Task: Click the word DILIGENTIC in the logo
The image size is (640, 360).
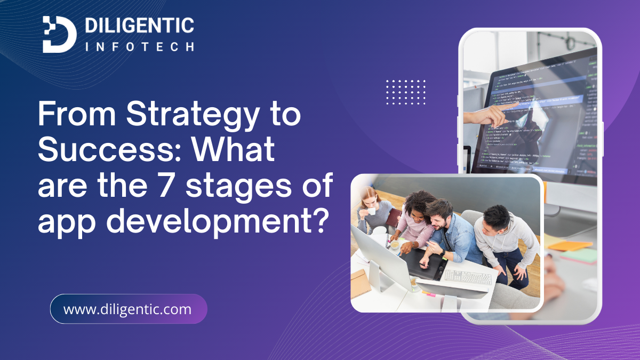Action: pyautogui.click(x=140, y=25)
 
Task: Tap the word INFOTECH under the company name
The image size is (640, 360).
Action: pyautogui.click(x=139, y=47)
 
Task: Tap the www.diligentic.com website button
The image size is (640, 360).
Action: pyautogui.click(x=128, y=309)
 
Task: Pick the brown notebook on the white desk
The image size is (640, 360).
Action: pyautogui.click(x=360, y=282)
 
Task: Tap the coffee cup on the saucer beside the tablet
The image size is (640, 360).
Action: pyautogui.click(x=395, y=245)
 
